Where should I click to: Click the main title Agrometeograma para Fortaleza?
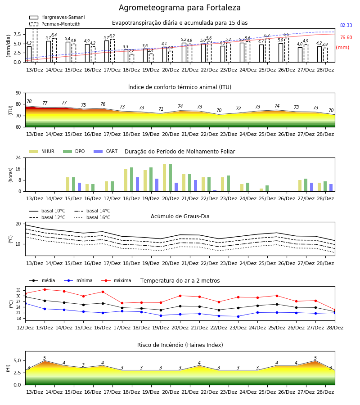click(x=180, y=8)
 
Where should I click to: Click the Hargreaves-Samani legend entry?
click(x=57, y=17)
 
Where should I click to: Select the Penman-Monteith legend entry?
click(x=55, y=24)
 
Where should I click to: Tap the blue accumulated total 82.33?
click(x=346, y=25)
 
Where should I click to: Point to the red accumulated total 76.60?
click(x=346, y=37)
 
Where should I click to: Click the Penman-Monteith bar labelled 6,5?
click(x=287, y=50)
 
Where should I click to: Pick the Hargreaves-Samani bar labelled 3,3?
click(x=126, y=56)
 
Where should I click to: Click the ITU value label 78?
click(x=29, y=102)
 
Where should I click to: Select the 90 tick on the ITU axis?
click(x=18, y=93)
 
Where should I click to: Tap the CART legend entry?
click(x=106, y=151)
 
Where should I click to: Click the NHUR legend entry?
click(x=42, y=151)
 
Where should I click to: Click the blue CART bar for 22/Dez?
click(x=215, y=191)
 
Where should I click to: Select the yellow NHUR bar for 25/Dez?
click(x=261, y=190)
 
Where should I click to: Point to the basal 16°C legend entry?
click(x=92, y=217)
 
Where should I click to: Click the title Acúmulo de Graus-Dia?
click(x=180, y=216)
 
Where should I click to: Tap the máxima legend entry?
click(x=117, y=280)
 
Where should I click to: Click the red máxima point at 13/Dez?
click(x=45, y=289)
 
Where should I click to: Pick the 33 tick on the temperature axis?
click(x=18, y=290)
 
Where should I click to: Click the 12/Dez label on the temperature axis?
click(x=25, y=328)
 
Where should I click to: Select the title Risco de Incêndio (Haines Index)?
click(x=180, y=345)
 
